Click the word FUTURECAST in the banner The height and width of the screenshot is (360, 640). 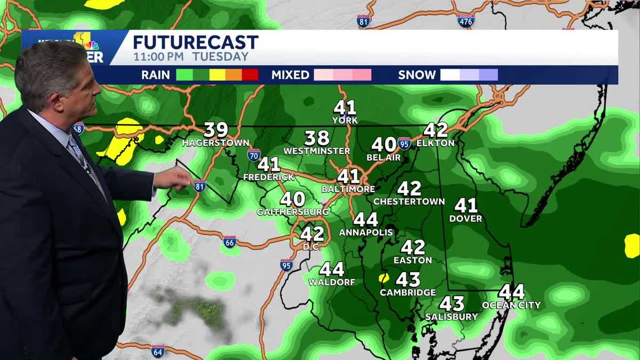pyautogui.click(x=195, y=42)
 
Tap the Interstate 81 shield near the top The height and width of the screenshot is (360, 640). pyautogui.click(x=363, y=21)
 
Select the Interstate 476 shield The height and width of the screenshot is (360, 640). pyautogui.click(x=466, y=20)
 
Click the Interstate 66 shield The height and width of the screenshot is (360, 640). pyautogui.click(x=230, y=242)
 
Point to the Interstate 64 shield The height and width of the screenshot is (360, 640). pyautogui.click(x=157, y=351)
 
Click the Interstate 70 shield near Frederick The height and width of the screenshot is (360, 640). pyautogui.click(x=254, y=155)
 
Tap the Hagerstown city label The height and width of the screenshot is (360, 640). pyautogui.click(x=215, y=143)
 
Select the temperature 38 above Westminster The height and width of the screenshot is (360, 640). pyautogui.click(x=317, y=138)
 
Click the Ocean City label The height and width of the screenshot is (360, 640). pyautogui.click(x=511, y=305)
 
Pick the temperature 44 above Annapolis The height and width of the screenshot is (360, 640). pyautogui.click(x=366, y=219)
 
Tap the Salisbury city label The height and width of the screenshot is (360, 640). pyautogui.click(x=451, y=317)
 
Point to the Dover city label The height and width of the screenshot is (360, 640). pyautogui.click(x=466, y=219)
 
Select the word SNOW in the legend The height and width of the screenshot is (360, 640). pyautogui.click(x=417, y=75)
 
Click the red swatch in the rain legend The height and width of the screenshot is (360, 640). pyautogui.click(x=250, y=75)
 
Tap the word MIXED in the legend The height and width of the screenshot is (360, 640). pyautogui.click(x=290, y=75)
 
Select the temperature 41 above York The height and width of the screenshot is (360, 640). pyautogui.click(x=345, y=108)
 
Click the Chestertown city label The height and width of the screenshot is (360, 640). pyautogui.click(x=409, y=202)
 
